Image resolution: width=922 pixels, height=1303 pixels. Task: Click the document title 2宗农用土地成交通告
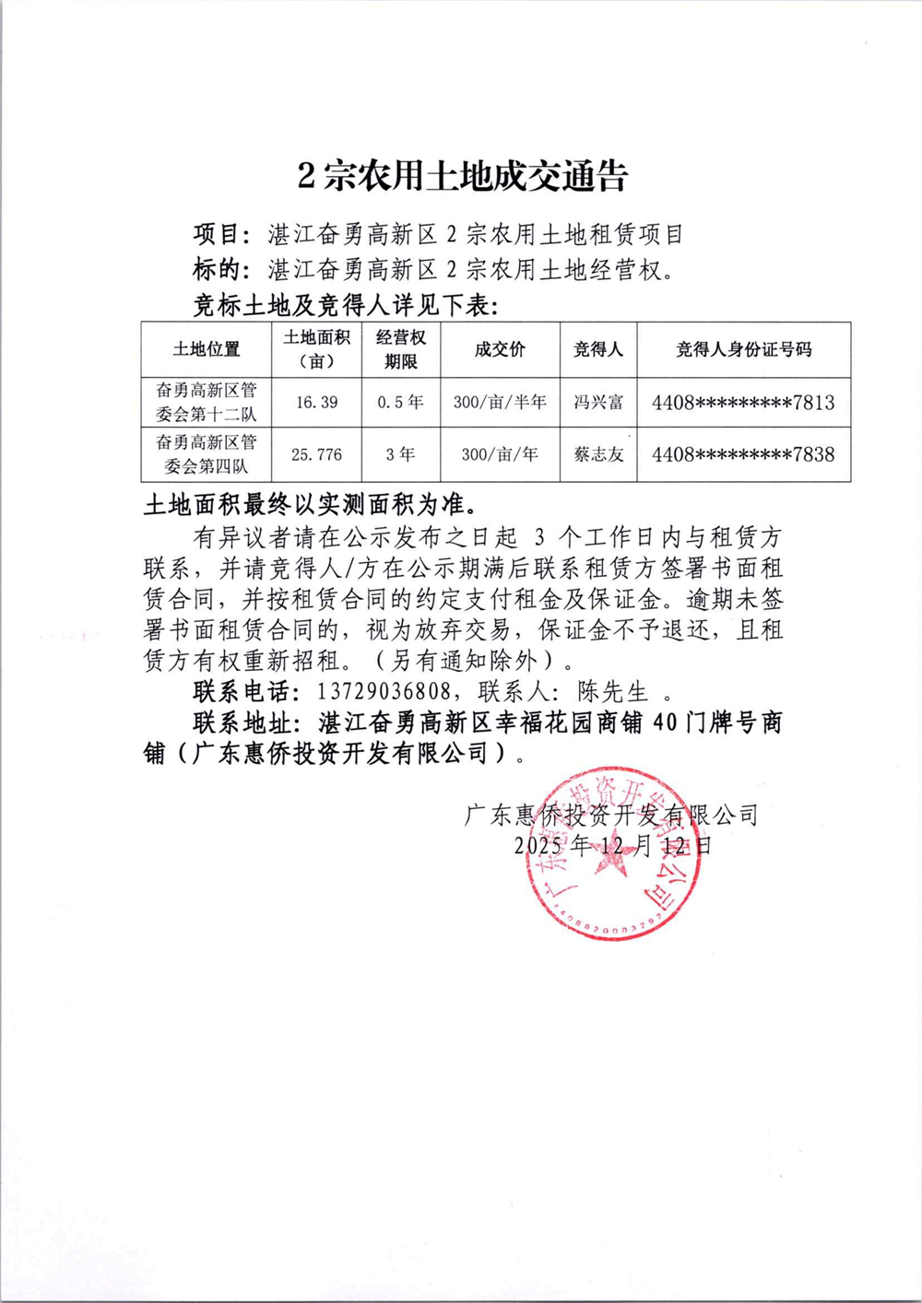coord(462,176)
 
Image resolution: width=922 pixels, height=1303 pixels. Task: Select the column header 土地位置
coord(206,349)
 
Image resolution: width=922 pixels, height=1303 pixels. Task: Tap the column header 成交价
coord(500,349)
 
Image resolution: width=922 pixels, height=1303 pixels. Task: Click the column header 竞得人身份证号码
coord(743,349)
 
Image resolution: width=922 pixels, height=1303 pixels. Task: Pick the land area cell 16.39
coord(316,403)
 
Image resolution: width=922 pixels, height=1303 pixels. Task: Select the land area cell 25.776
coord(316,454)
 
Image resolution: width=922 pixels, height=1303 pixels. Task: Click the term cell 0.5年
coord(400,403)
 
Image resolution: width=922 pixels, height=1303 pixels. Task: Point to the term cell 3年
coord(400,454)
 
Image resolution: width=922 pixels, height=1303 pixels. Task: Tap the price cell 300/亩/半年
coord(500,403)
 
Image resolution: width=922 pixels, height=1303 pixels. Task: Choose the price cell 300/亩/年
coord(500,454)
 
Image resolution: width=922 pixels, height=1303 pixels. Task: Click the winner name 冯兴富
coord(598,403)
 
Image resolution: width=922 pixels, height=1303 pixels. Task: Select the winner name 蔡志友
coord(598,454)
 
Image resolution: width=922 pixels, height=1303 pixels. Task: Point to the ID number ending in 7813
coord(743,403)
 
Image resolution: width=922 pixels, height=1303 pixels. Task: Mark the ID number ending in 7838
coord(743,454)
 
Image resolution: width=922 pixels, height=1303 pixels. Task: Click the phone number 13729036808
coord(384,691)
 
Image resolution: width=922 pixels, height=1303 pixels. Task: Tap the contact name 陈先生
coord(613,691)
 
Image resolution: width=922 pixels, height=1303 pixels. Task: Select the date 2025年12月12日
coord(613,845)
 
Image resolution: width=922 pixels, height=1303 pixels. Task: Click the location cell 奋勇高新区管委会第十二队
coord(206,403)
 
